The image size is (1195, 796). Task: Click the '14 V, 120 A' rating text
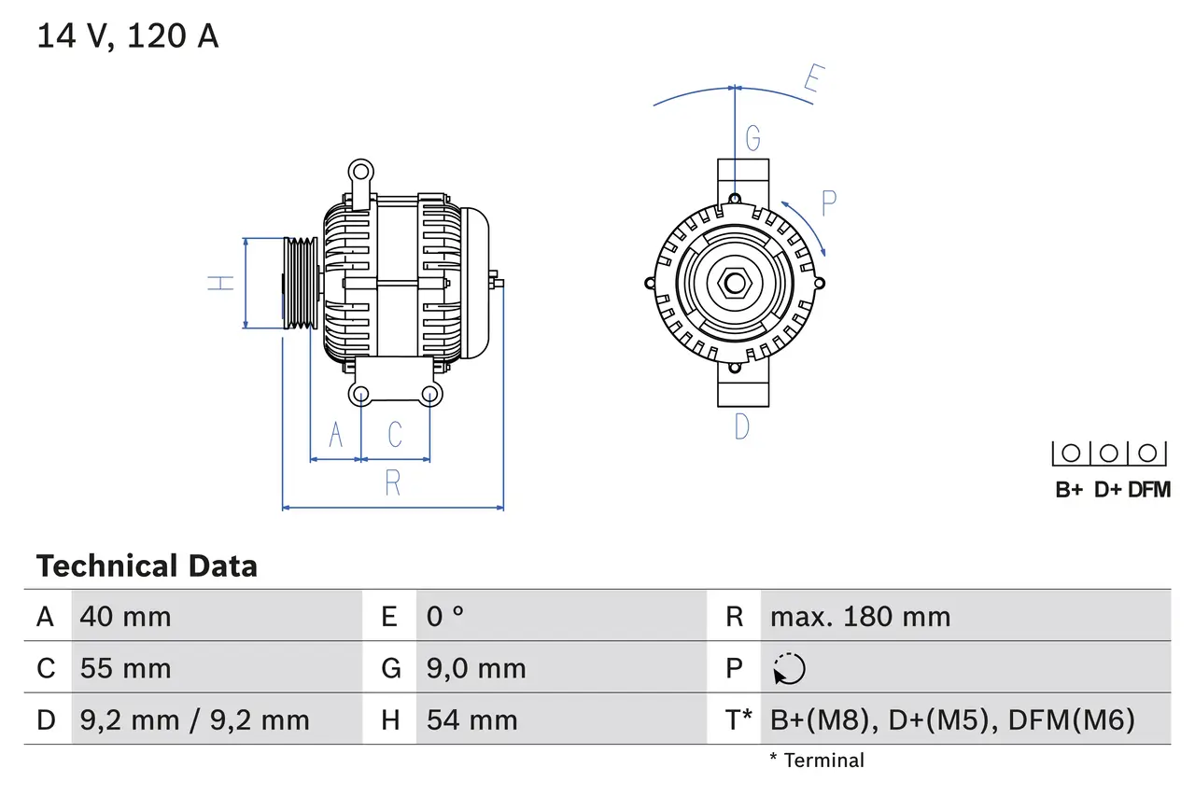tap(128, 36)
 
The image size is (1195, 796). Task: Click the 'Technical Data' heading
tap(147, 566)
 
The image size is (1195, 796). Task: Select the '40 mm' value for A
tap(126, 616)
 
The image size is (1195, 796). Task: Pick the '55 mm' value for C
tap(126, 668)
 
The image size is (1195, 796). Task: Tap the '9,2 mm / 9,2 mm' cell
tap(194, 719)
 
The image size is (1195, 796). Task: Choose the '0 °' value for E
tap(445, 616)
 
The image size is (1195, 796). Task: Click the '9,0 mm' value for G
tap(476, 668)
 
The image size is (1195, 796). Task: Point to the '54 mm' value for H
tap(471, 719)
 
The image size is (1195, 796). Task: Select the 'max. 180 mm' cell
tap(860, 616)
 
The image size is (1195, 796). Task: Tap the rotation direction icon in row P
tap(789, 668)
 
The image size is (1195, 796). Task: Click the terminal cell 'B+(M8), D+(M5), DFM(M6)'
tap(952, 719)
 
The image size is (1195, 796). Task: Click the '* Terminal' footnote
tap(817, 761)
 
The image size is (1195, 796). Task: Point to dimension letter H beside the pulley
tap(220, 283)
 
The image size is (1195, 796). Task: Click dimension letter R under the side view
tap(393, 483)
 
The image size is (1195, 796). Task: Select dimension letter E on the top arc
tap(812, 82)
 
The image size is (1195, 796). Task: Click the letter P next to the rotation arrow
tap(828, 203)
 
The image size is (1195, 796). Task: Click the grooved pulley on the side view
tap(301, 283)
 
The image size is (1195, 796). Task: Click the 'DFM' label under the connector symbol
tap(1148, 490)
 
